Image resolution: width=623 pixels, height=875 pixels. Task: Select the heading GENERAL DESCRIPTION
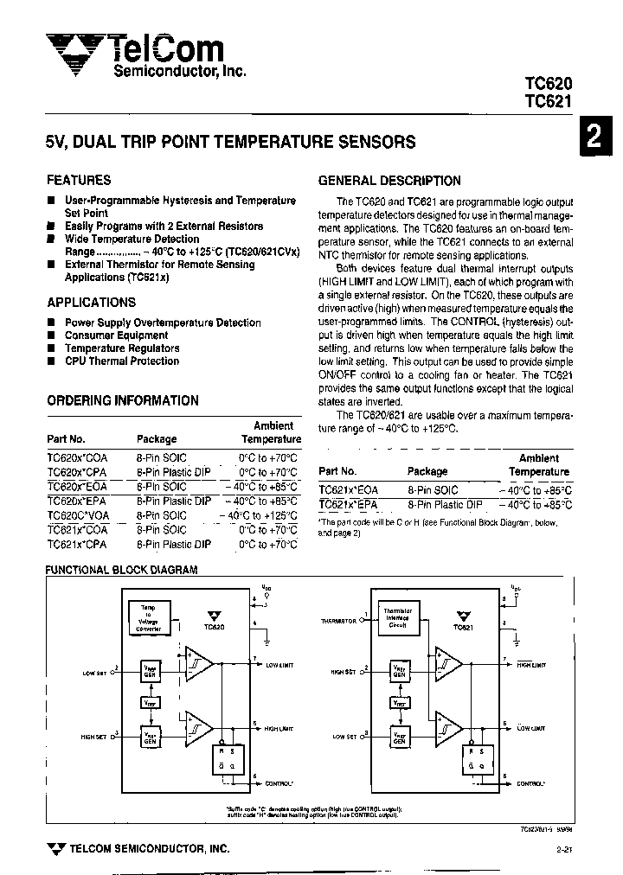389,181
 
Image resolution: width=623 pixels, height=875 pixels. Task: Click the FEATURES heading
79,180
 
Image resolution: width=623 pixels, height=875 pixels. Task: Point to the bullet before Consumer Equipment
52,335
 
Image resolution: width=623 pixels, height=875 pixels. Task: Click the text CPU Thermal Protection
122,361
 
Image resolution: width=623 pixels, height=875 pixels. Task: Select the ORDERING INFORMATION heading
122,400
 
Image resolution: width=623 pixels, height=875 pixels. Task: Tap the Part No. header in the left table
66,439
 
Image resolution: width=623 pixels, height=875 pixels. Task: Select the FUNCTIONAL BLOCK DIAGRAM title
121,571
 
